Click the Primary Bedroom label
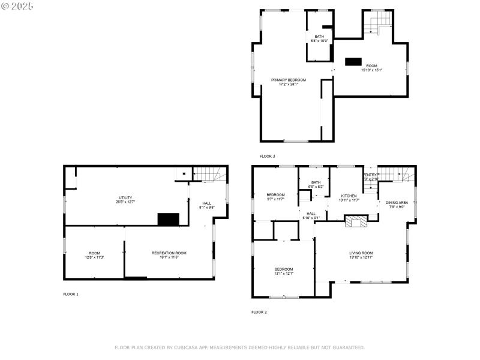(x=288, y=80)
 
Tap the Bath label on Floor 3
(x=319, y=37)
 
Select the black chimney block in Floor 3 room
(x=353, y=61)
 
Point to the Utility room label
(x=125, y=197)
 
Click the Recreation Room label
(x=169, y=253)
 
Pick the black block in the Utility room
(x=169, y=220)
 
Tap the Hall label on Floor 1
(x=206, y=203)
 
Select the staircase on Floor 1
(x=211, y=175)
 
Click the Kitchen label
(x=349, y=196)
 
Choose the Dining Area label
(x=397, y=203)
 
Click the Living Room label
(x=361, y=253)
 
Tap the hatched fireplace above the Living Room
(x=356, y=223)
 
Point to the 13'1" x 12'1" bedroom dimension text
(x=284, y=274)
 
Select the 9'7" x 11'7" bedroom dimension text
(x=275, y=200)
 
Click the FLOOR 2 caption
(x=259, y=312)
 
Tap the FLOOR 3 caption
(x=267, y=156)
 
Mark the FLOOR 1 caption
(x=71, y=294)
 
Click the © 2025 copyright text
(x=17, y=5)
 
